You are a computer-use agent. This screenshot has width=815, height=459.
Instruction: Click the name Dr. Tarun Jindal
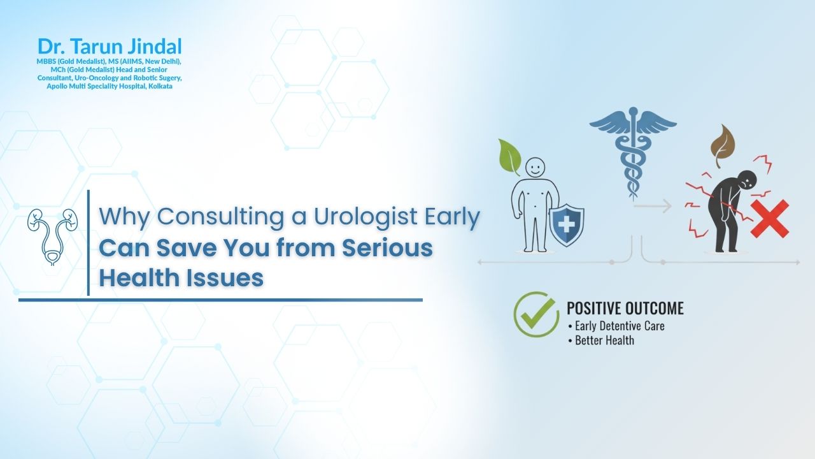(110, 47)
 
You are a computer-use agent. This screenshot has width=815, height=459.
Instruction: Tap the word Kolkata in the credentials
(160, 85)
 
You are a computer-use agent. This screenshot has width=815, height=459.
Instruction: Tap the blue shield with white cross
(567, 224)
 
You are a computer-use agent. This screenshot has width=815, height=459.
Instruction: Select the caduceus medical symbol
(632, 150)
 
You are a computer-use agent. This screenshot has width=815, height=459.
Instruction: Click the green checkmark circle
(536, 314)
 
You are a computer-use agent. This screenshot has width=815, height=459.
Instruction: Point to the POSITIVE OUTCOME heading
(625, 309)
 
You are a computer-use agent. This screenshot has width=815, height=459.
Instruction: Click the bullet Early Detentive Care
(615, 326)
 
